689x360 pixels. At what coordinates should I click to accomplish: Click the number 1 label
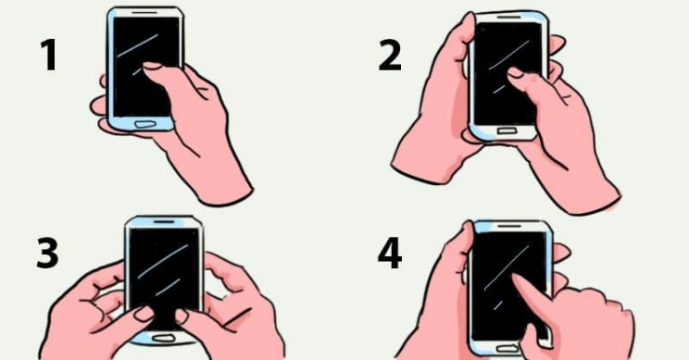point(50,56)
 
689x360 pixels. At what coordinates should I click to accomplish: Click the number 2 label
point(390,56)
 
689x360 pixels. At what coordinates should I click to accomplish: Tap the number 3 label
point(47,254)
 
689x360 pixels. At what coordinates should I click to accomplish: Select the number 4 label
point(390,254)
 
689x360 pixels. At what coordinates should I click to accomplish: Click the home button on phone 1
point(144,124)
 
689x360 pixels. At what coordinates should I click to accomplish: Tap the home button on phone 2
point(507,130)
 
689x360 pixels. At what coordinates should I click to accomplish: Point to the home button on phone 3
point(163,338)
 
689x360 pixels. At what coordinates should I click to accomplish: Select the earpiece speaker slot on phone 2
point(509,18)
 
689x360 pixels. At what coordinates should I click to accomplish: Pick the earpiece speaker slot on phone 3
point(164,222)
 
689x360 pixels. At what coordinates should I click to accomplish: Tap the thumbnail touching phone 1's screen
point(153,66)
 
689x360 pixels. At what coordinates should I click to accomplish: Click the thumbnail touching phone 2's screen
point(516,72)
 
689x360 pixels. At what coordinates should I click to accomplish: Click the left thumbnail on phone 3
point(144,313)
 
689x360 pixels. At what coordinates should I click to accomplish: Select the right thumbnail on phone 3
point(182,317)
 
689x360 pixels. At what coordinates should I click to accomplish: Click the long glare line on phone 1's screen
point(138,45)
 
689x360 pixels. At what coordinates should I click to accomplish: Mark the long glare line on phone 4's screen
point(507,267)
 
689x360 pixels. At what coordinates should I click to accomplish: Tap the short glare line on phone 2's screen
point(499,89)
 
